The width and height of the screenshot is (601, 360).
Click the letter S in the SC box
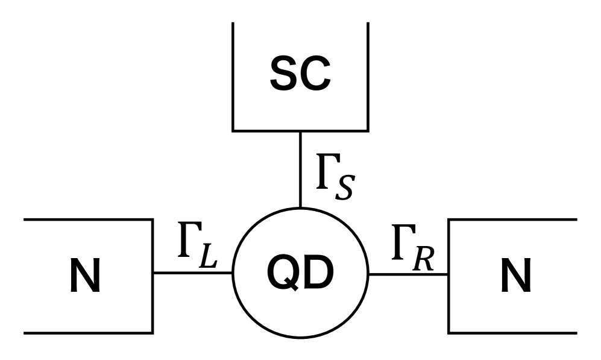point(285,74)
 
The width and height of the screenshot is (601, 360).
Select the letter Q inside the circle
point(283,275)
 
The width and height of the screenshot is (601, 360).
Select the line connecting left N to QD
point(192,273)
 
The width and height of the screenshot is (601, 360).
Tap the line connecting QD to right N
point(408,274)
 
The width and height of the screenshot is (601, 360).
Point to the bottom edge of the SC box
point(300,130)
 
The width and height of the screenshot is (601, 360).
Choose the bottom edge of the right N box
point(512,332)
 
